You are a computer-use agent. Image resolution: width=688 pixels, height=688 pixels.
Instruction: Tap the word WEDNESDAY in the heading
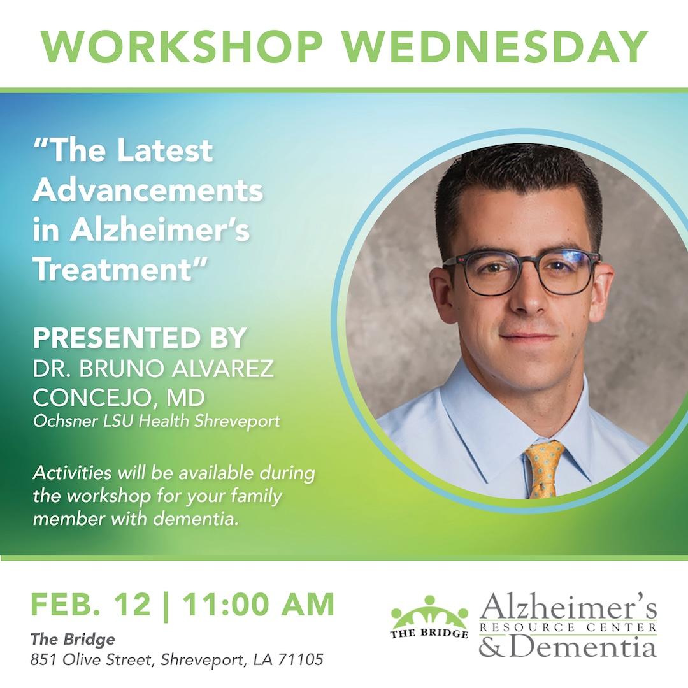[495, 47]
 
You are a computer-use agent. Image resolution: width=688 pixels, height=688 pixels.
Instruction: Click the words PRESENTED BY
[140, 338]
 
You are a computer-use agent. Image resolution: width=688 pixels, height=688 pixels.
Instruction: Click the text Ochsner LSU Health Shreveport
[156, 422]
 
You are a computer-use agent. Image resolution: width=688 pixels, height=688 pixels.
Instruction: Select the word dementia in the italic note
[196, 519]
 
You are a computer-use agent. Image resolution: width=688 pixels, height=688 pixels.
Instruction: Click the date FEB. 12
[90, 605]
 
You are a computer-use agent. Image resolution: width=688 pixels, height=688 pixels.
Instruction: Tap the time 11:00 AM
[258, 605]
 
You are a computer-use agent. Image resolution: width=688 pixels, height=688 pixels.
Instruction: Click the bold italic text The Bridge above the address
[73, 639]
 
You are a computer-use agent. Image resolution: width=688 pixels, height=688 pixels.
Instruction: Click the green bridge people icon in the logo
[429, 612]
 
